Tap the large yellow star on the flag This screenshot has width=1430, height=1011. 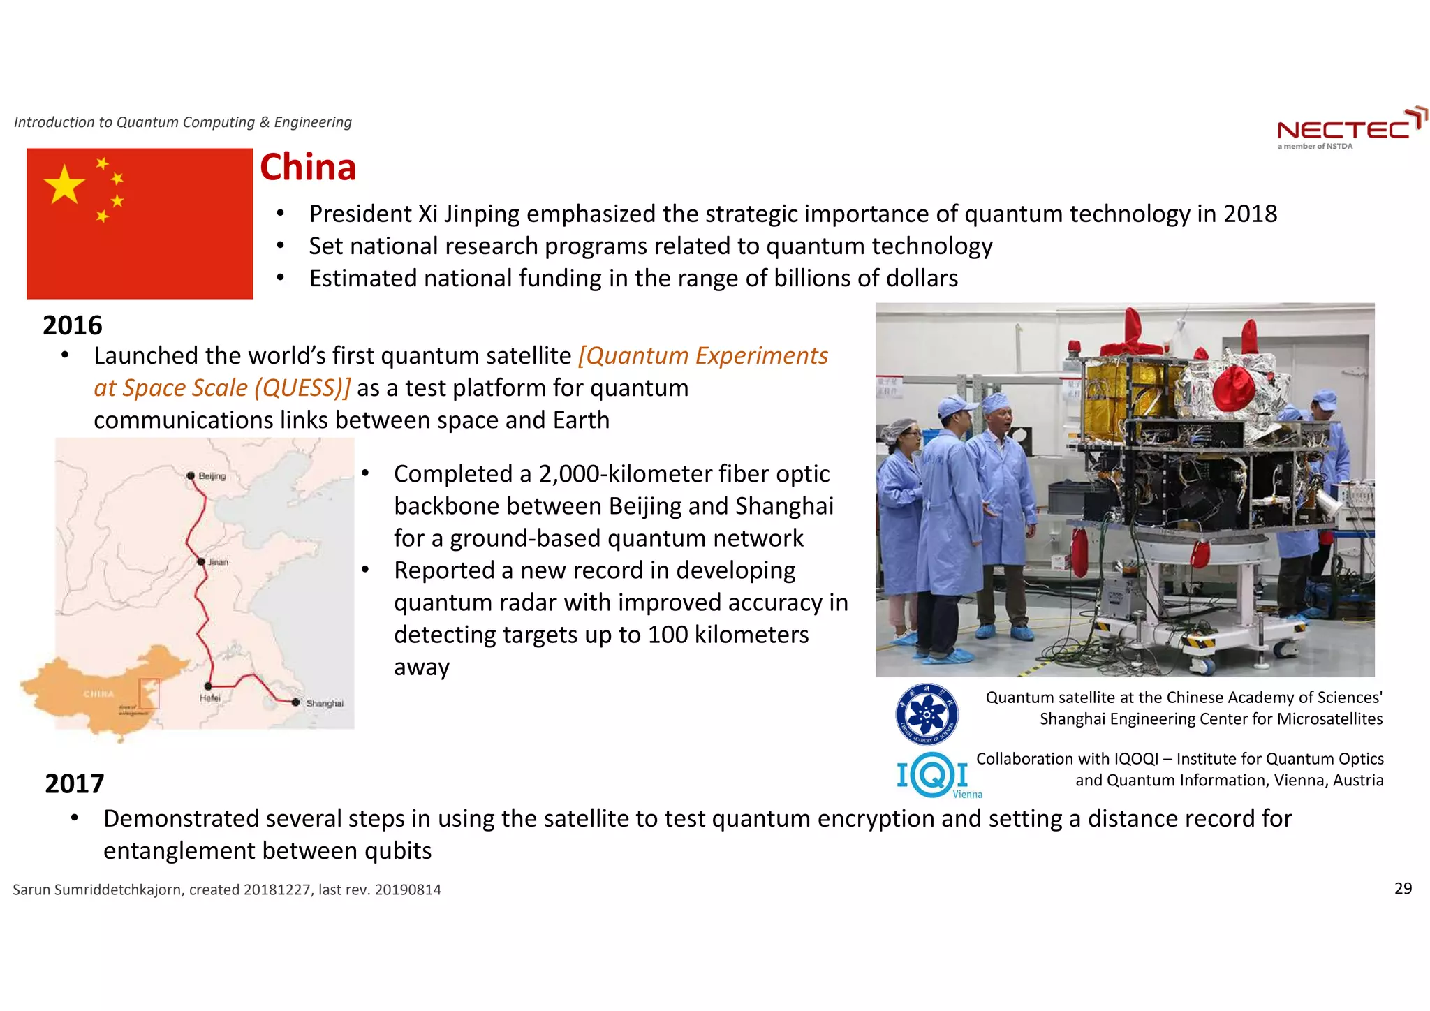point(64,185)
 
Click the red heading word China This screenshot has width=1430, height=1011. point(308,168)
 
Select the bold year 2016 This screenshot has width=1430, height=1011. point(72,325)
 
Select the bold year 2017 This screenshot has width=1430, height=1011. point(74,783)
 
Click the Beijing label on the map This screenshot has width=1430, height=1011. point(212,476)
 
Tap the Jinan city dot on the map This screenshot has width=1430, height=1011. point(201,561)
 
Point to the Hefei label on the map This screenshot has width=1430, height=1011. point(209,698)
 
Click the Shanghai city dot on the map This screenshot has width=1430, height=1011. point(295,702)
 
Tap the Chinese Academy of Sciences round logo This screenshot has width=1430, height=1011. point(927,714)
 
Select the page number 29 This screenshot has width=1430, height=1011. point(1403,888)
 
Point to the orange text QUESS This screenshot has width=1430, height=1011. point(300,388)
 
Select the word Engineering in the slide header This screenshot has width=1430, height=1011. point(312,122)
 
